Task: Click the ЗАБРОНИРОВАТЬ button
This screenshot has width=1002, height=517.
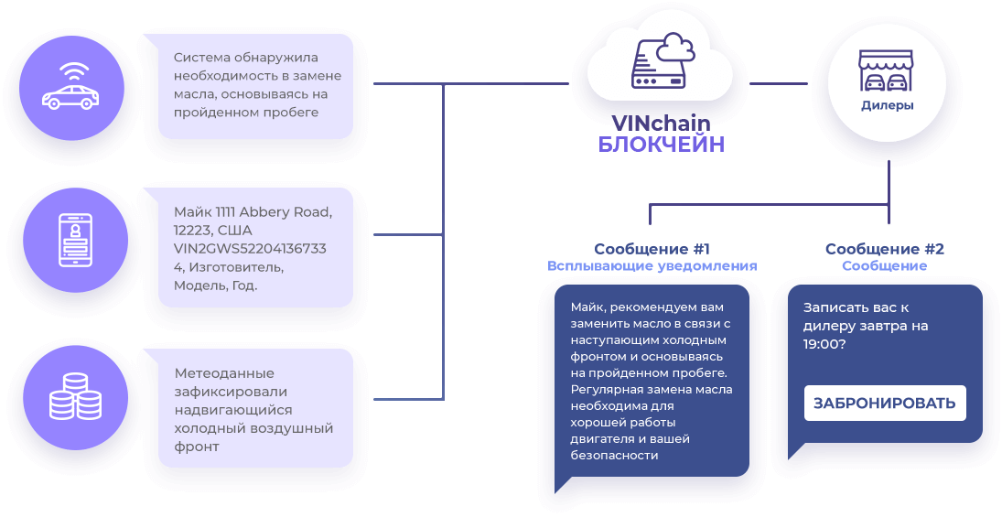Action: (x=885, y=404)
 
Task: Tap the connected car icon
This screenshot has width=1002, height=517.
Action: (x=71, y=88)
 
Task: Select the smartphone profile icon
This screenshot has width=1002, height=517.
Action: (x=75, y=240)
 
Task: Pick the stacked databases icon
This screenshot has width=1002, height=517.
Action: (x=75, y=396)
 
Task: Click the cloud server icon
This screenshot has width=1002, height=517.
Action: (x=663, y=61)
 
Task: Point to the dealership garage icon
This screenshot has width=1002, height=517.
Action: (x=887, y=70)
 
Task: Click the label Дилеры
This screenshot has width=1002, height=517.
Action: (x=887, y=105)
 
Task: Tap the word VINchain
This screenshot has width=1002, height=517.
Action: (x=661, y=124)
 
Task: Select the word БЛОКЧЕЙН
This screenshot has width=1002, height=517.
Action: (x=661, y=145)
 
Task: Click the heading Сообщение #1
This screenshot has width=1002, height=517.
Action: (x=652, y=249)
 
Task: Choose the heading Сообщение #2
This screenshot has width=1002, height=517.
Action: (x=885, y=249)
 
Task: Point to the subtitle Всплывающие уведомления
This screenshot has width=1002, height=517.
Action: (x=652, y=266)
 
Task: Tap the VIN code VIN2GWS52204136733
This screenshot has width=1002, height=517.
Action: (x=250, y=249)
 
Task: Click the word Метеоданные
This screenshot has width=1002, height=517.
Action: (x=224, y=373)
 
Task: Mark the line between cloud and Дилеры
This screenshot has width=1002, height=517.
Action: (x=779, y=83)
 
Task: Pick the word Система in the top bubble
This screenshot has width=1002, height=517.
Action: (x=201, y=58)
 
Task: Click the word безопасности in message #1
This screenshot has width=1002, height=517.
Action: (x=614, y=456)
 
